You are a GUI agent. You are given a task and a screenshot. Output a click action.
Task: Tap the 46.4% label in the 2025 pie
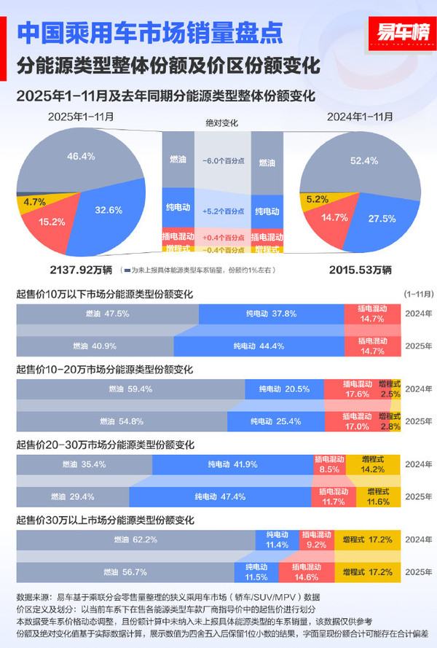pyautogui.click(x=81, y=156)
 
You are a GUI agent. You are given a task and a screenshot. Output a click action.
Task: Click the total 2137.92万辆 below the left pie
pyautogui.click(x=80, y=269)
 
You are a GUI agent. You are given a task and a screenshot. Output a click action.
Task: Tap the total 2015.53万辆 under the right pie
pyautogui.click(x=361, y=269)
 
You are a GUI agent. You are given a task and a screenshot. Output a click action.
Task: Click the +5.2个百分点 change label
pyautogui.click(x=224, y=211)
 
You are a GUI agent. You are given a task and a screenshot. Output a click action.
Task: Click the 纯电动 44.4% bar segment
pyautogui.click(x=259, y=346)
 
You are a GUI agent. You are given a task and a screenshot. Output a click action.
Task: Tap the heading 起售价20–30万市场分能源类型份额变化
pyautogui.click(x=105, y=445)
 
